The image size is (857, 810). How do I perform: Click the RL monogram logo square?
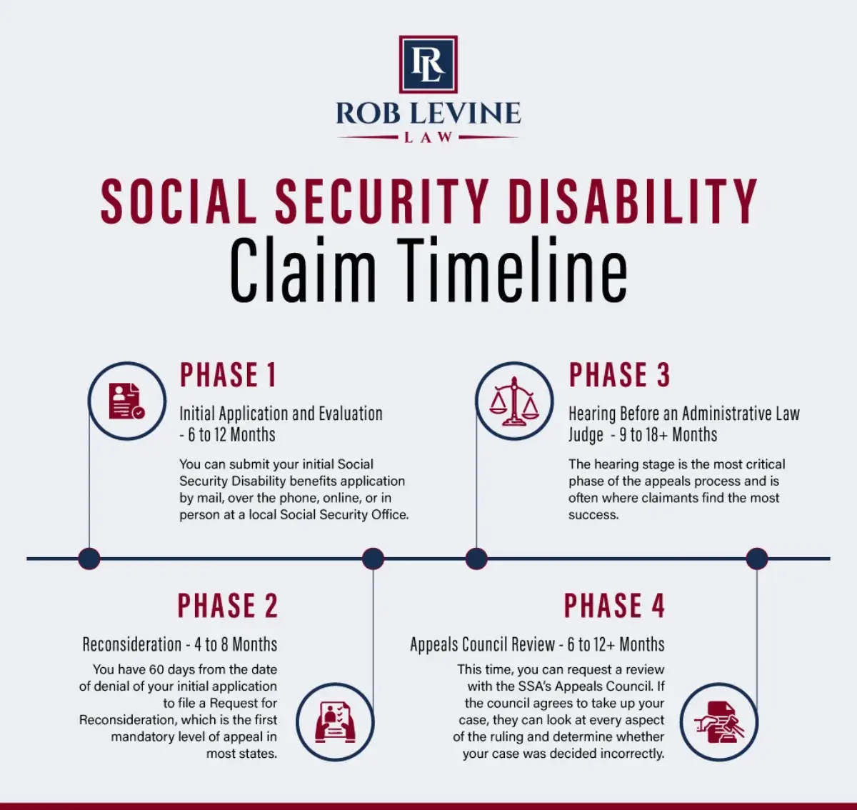click(428, 64)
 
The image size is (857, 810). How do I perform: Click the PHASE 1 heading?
click(229, 374)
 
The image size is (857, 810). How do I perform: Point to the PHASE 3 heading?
click(619, 374)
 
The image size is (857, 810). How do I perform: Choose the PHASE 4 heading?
click(614, 605)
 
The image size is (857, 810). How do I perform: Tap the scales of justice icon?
click(514, 401)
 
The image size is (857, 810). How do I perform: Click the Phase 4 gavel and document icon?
click(719, 722)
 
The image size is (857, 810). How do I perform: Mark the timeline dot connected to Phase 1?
click(89, 559)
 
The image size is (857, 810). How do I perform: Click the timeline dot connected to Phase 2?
click(373, 559)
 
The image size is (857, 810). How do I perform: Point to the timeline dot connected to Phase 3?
click(476, 559)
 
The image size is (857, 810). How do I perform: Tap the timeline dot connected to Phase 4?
click(757, 559)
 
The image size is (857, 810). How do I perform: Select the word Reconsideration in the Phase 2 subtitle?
click(132, 644)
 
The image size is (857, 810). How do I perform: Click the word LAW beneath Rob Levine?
click(428, 137)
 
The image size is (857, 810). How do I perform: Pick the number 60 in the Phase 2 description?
click(156, 669)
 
